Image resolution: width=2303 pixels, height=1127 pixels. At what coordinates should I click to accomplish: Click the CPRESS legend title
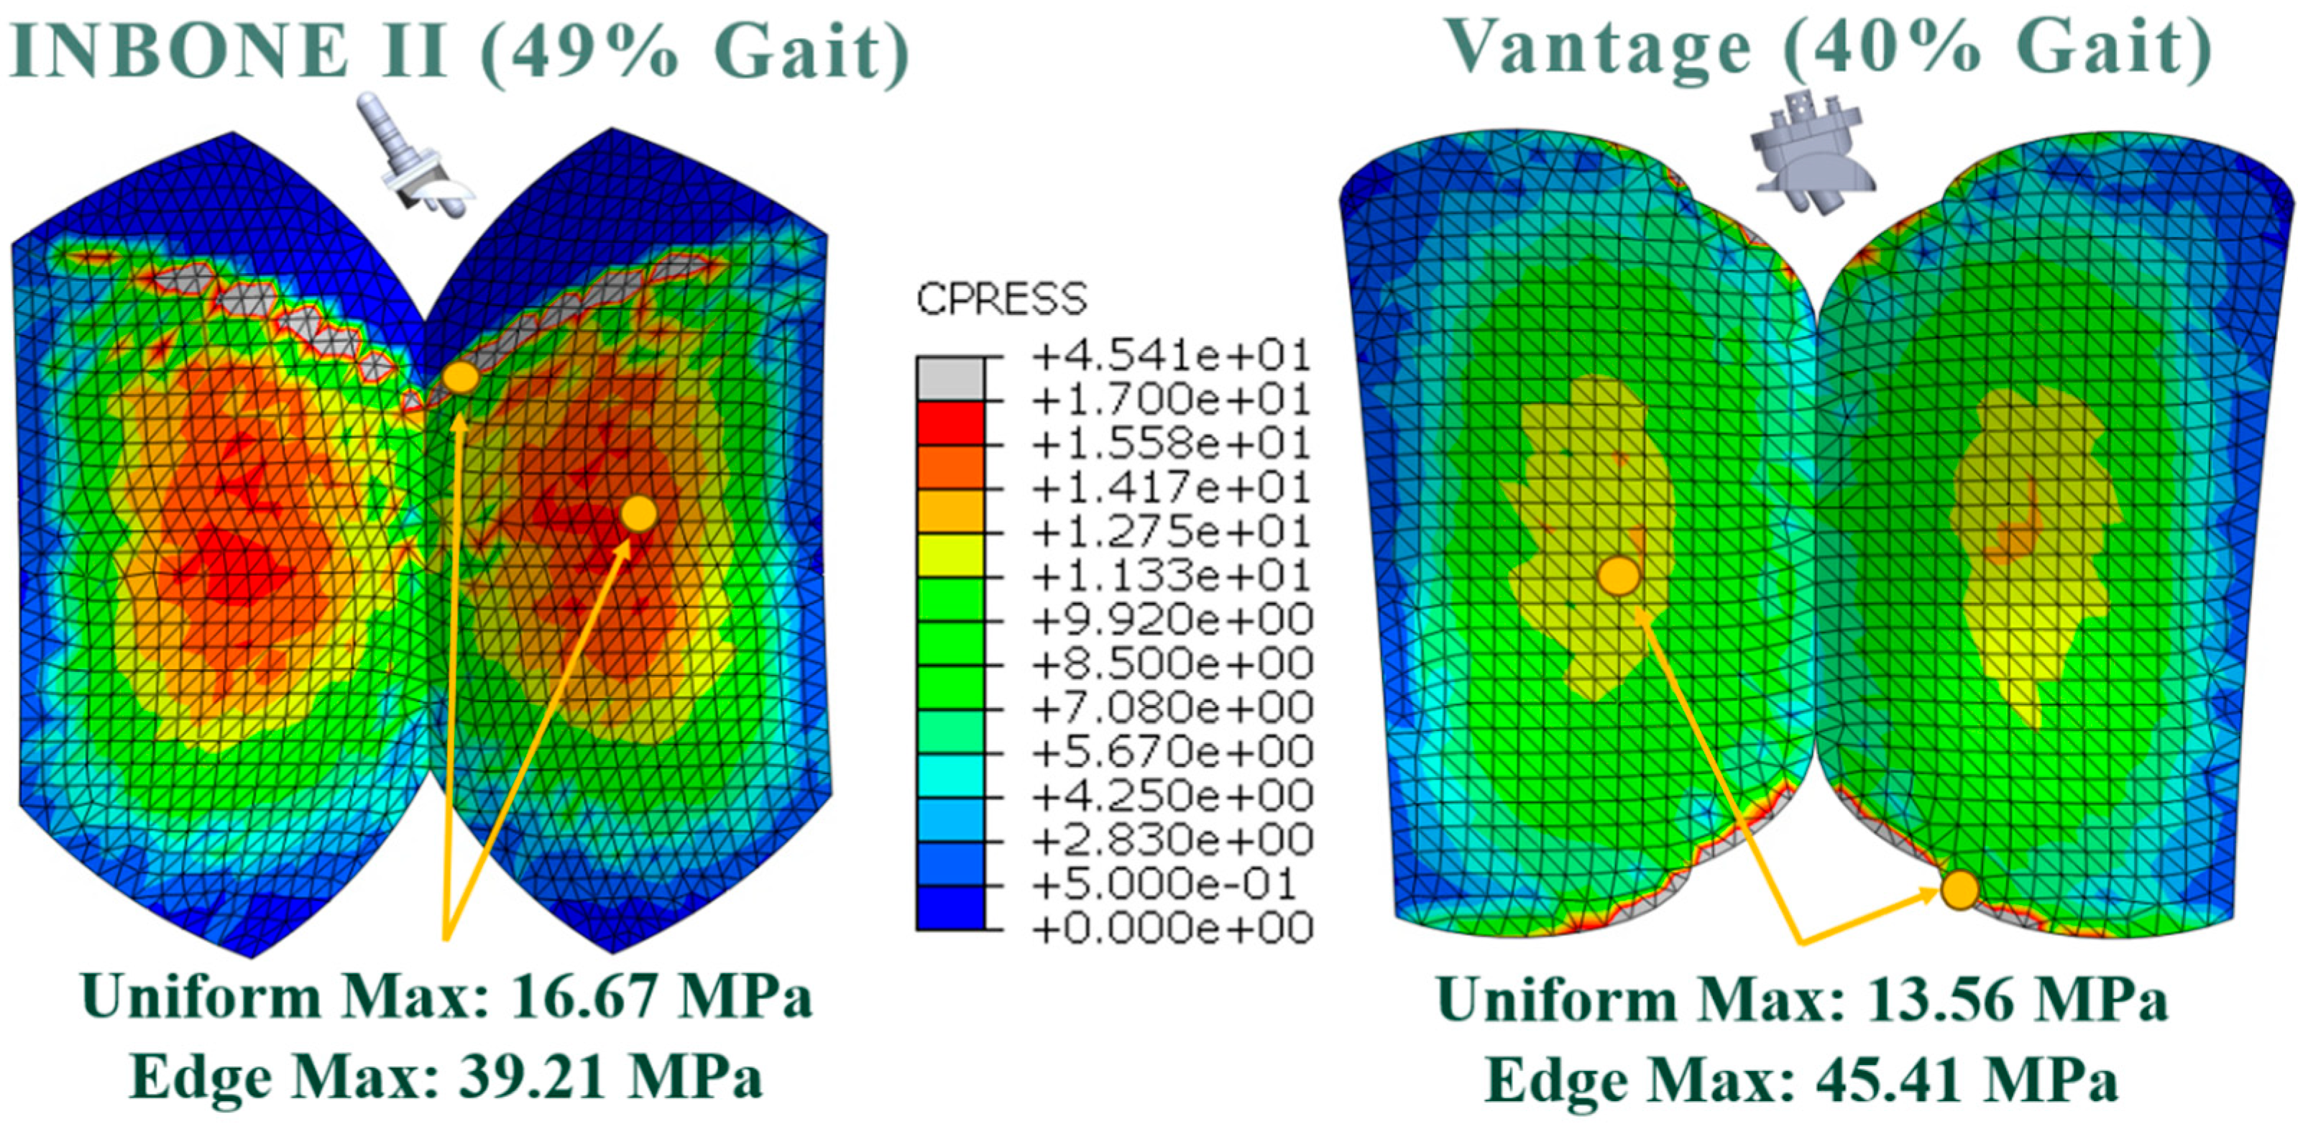click(x=1001, y=300)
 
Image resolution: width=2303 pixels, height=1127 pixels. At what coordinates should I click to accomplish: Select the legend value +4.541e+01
click(x=1171, y=356)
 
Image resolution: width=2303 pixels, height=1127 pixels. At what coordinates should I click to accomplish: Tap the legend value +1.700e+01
click(x=1171, y=400)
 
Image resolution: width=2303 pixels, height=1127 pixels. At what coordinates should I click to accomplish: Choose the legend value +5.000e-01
click(x=1162, y=884)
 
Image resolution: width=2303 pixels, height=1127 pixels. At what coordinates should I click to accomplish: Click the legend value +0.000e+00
click(x=1171, y=928)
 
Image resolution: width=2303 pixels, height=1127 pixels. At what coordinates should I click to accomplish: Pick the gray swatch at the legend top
click(x=950, y=379)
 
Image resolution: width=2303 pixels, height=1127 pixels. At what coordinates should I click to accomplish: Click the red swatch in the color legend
click(x=950, y=423)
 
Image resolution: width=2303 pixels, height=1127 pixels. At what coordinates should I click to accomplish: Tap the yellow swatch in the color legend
click(x=950, y=554)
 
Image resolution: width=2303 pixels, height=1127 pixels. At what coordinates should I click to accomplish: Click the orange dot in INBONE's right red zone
click(x=638, y=514)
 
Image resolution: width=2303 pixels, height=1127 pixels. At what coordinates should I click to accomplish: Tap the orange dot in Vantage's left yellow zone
click(x=1618, y=576)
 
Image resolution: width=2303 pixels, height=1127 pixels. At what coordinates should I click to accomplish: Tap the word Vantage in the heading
click(x=1596, y=49)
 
